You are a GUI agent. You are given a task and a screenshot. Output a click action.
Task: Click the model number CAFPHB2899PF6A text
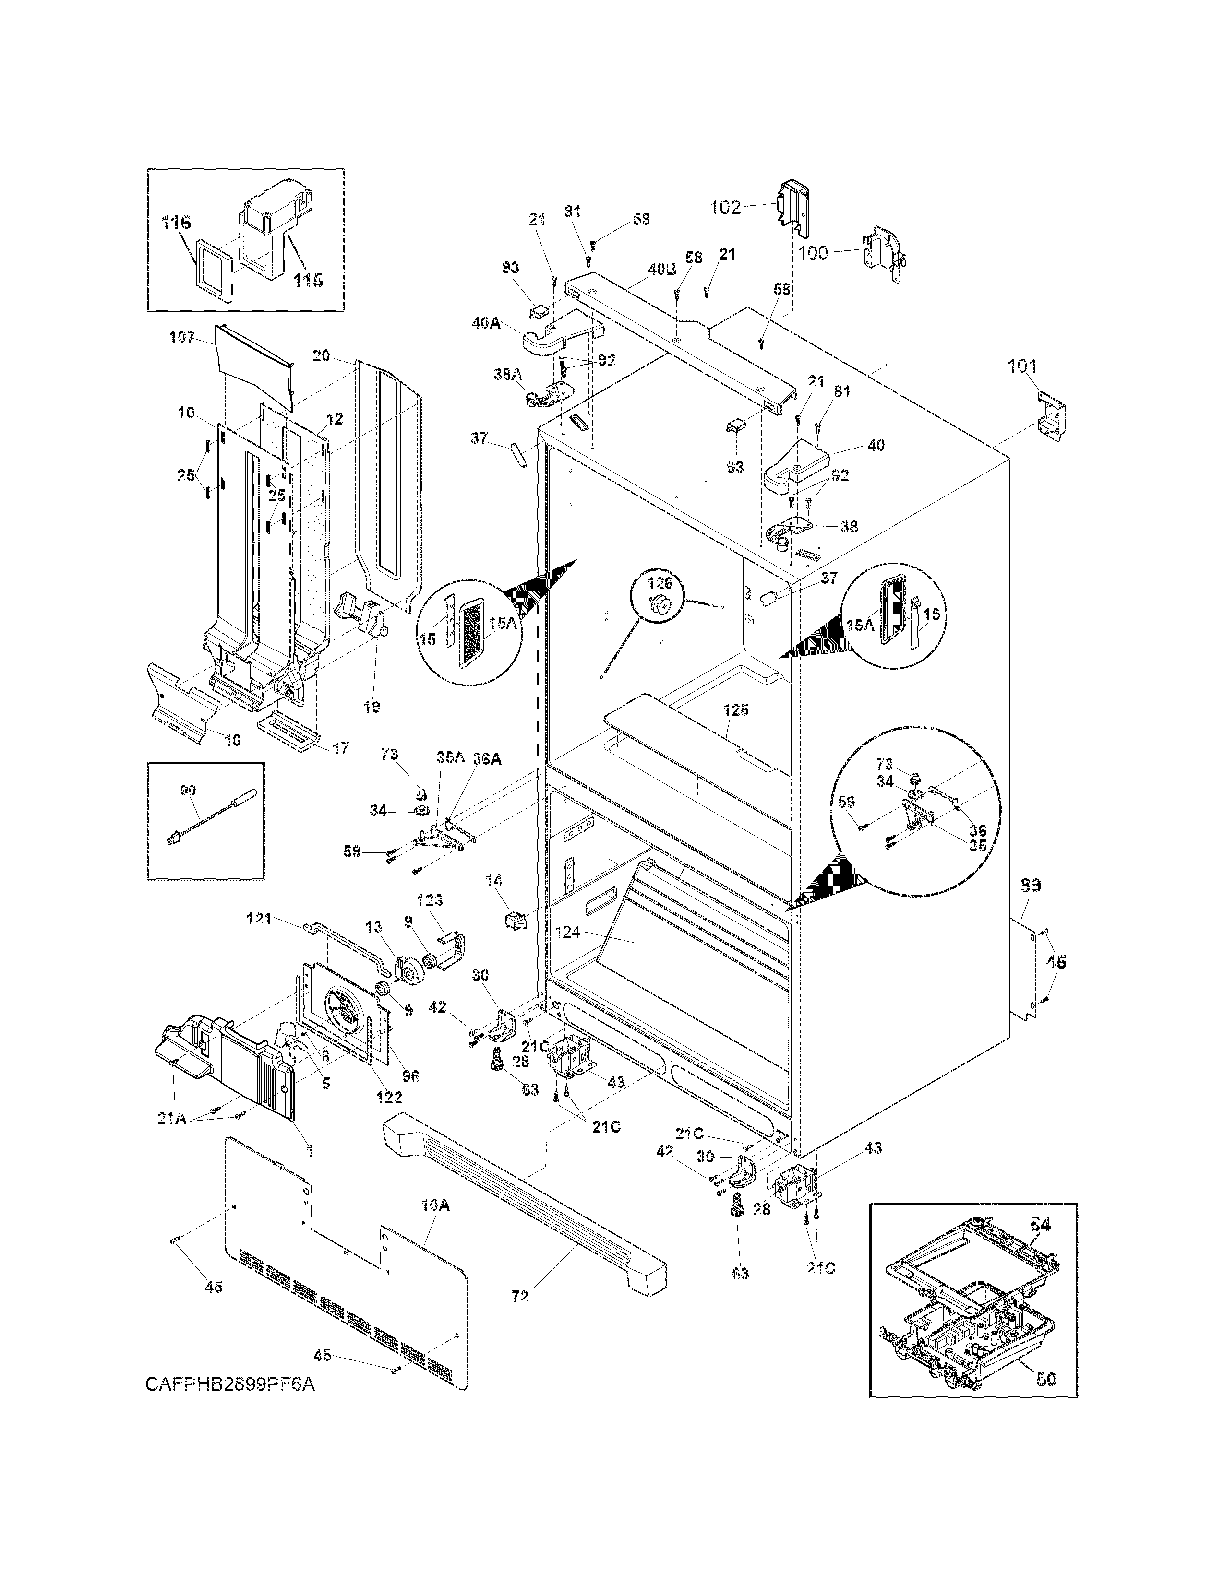tap(230, 1405)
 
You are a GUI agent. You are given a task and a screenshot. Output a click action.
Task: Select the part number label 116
tap(176, 223)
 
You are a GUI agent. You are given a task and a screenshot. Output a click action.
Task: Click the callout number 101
tap(1022, 367)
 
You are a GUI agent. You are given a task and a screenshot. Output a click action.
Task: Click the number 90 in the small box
tap(188, 790)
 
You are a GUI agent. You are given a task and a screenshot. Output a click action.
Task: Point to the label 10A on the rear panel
tap(435, 1205)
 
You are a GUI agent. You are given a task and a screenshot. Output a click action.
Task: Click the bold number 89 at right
tap(1031, 885)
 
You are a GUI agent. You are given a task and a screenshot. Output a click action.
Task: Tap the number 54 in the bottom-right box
tap(1040, 1224)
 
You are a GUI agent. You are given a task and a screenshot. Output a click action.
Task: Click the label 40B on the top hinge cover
tap(661, 269)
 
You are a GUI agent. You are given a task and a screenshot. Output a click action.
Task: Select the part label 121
tap(259, 919)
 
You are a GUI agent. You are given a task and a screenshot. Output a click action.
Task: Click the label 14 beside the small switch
tap(493, 881)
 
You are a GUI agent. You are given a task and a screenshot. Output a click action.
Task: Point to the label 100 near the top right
tap(813, 253)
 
